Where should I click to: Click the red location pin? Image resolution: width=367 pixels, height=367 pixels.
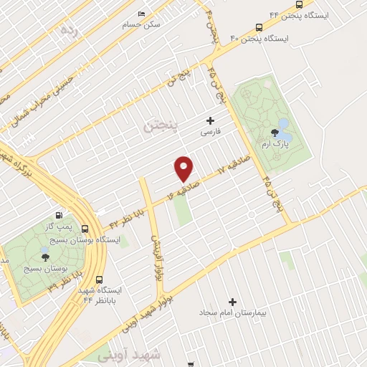pyautogui.click(x=184, y=168)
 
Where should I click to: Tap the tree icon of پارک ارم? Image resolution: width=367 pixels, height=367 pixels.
pyautogui.click(x=275, y=132)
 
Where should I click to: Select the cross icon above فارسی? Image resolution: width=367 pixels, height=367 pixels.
pyautogui.click(x=210, y=120)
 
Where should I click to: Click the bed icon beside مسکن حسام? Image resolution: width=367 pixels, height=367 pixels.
pyautogui.click(x=141, y=14)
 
